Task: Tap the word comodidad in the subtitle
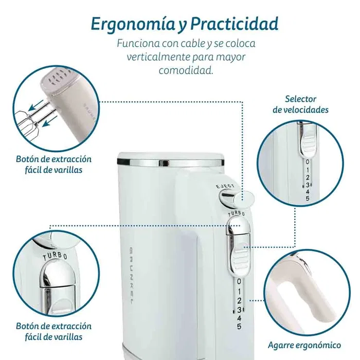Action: tap(186, 70)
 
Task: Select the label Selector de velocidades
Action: tap(301, 104)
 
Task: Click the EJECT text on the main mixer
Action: tap(225, 186)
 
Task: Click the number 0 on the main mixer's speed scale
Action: tap(239, 281)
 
